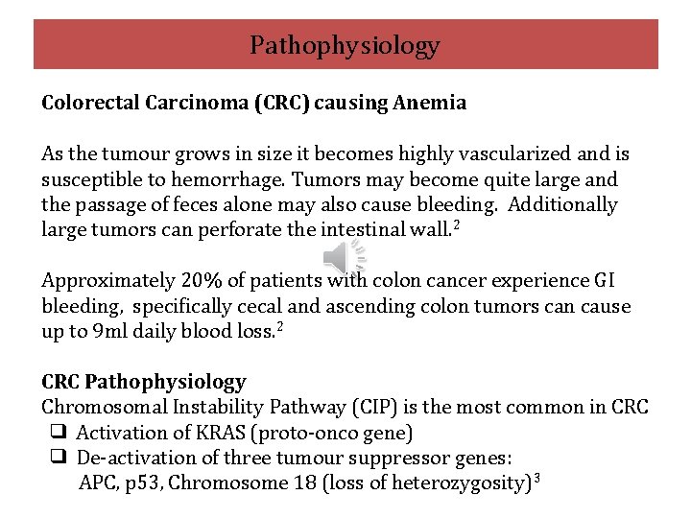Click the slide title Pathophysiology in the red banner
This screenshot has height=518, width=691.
pos(345,45)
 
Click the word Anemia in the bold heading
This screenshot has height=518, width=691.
pos(430,103)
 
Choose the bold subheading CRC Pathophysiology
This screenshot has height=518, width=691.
pos(144,382)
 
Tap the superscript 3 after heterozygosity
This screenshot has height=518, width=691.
pos(536,476)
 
